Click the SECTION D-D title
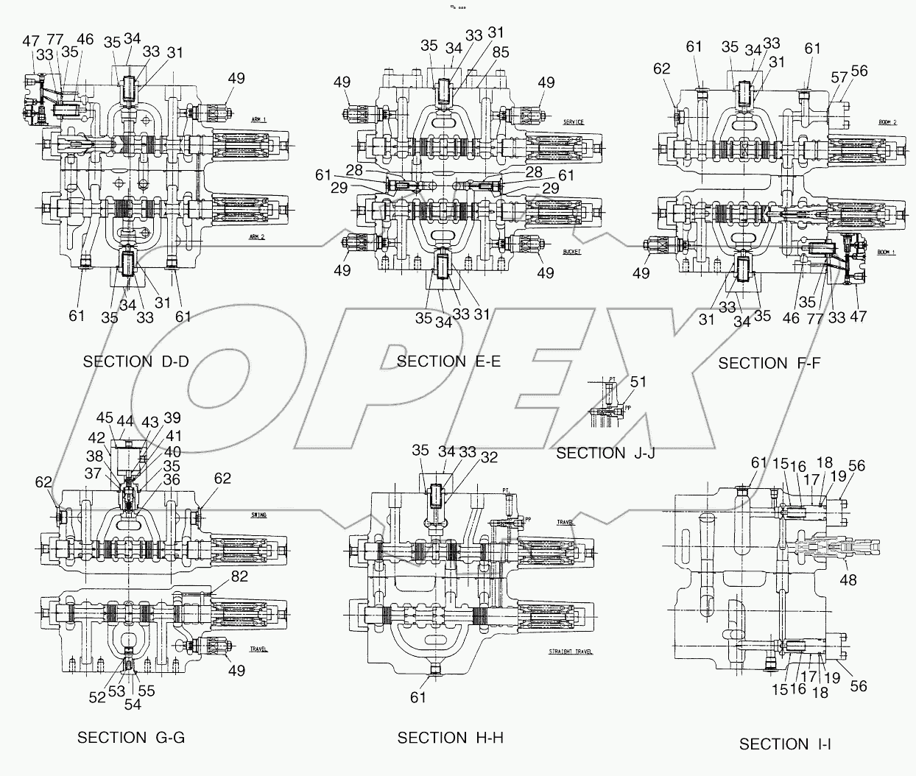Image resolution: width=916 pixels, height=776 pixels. [x=135, y=361]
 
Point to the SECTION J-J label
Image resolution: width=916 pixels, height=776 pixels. [x=605, y=454]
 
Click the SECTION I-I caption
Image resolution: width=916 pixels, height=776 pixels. [x=783, y=744]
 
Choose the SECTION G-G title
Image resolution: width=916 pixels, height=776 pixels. [x=132, y=738]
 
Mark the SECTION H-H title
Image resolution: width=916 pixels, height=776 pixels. [x=450, y=738]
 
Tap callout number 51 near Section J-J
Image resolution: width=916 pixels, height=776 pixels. [x=638, y=381]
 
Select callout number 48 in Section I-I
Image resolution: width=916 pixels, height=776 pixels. [x=849, y=580]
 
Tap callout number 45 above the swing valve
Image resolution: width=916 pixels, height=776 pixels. [x=105, y=417]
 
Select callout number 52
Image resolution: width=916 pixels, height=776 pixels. [x=97, y=697]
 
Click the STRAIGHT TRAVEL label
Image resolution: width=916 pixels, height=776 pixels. [x=570, y=652]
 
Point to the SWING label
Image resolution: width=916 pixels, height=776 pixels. [x=258, y=515]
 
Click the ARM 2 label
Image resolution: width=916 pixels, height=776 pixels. [x=257, y=237]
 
